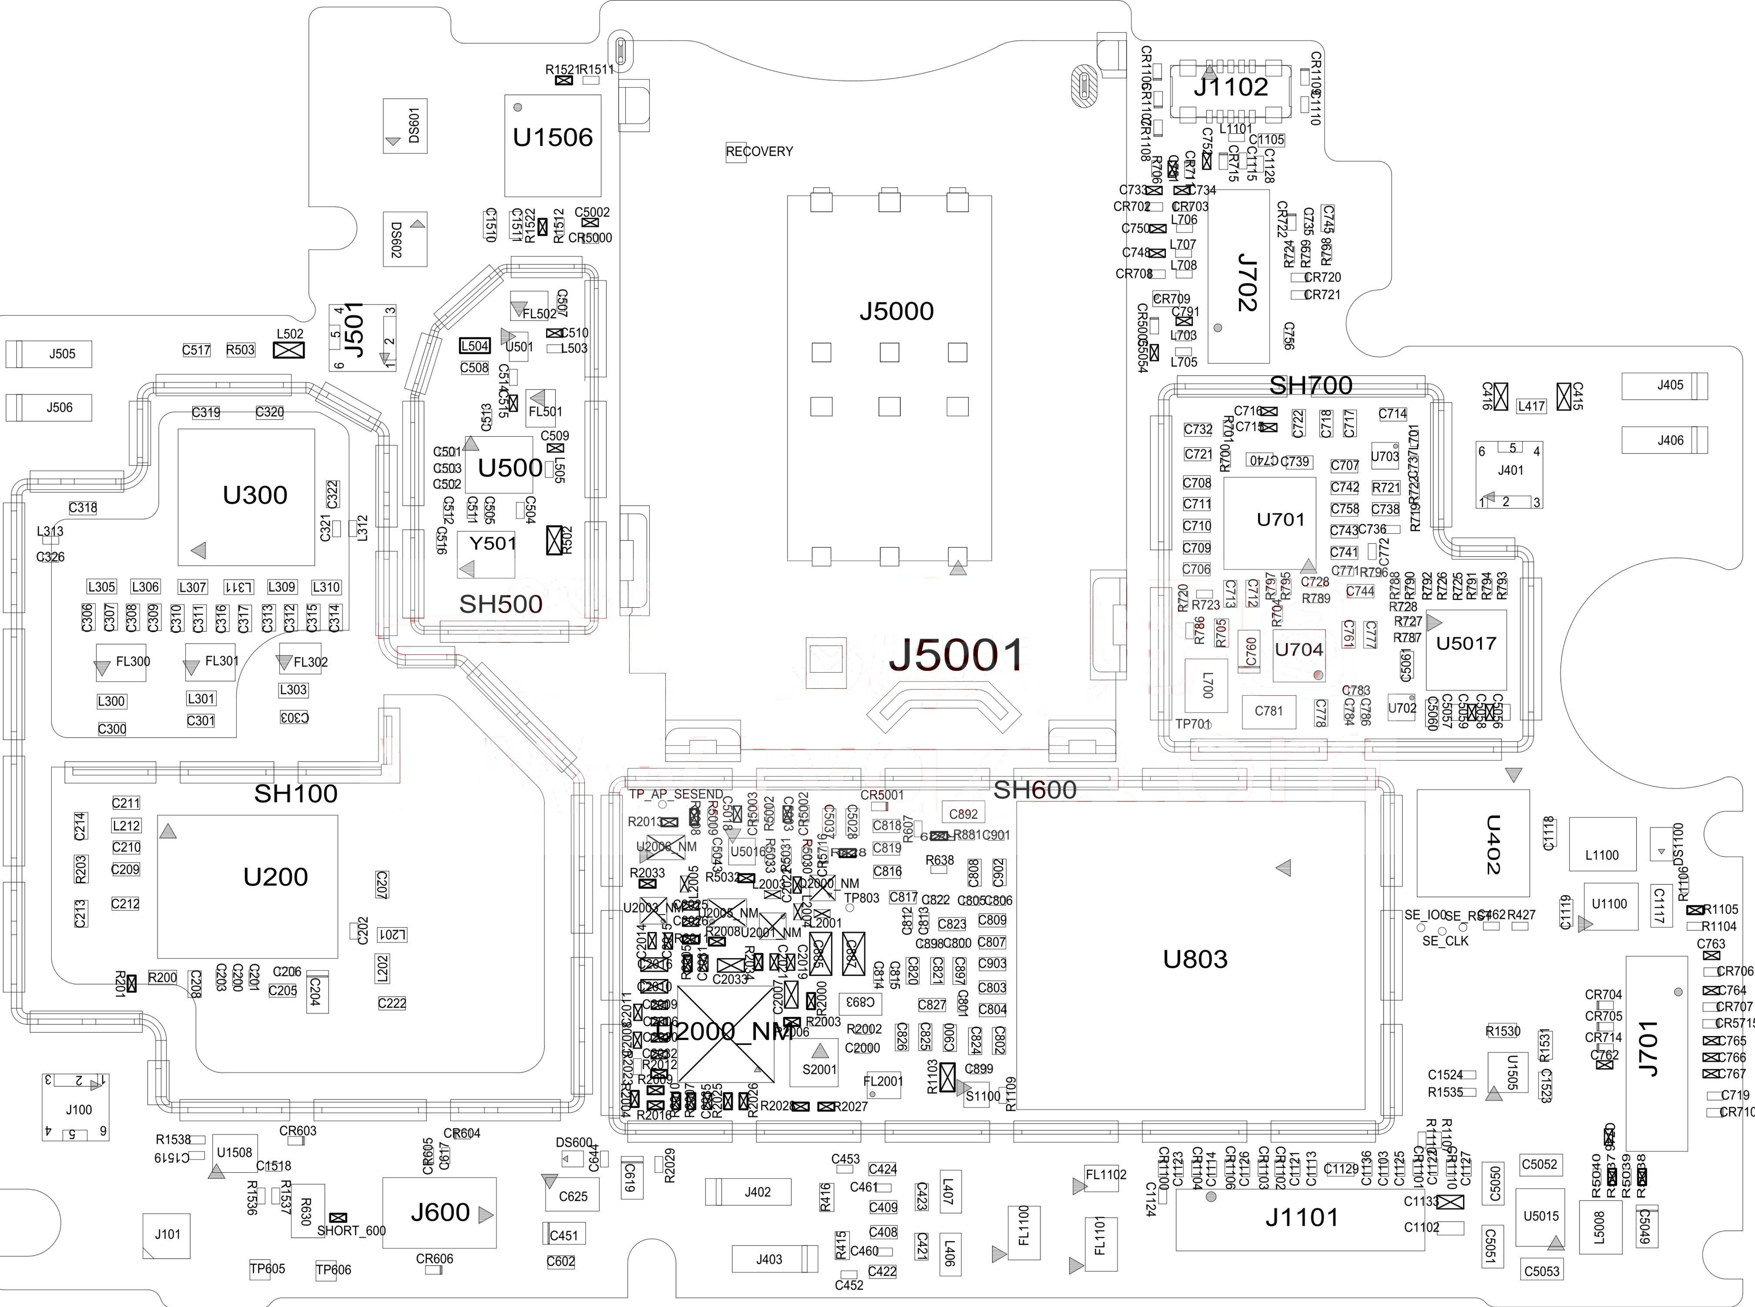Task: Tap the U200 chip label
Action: [275, 877]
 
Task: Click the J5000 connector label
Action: [896, 311]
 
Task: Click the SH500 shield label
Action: [501, 604]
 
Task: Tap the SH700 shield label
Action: [1311, 385]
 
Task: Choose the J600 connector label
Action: [440, 1212]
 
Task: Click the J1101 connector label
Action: [1301, 1217]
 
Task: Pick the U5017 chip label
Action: [1466, 643]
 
